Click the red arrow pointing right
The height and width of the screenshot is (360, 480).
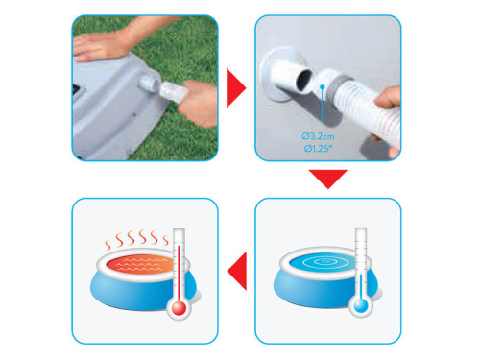(234, 88)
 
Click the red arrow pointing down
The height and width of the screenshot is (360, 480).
(328, 178)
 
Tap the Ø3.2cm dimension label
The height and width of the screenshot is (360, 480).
(318, 136)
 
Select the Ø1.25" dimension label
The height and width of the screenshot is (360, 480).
(318, 148)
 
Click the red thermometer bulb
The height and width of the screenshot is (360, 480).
(179, 308)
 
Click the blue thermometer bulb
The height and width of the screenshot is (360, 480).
(361, 305)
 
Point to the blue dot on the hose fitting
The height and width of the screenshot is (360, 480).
(323, 87)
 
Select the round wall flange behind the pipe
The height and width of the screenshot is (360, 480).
(280, 74)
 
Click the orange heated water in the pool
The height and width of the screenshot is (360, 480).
(141, 263)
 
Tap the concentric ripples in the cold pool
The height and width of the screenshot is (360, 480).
(324, 262)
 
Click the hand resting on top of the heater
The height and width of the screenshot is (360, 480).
(98, 46)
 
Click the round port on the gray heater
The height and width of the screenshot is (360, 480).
(150, 83)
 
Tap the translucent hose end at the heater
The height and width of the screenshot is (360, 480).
(174, 92)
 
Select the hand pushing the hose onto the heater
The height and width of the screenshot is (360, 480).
(198, 103)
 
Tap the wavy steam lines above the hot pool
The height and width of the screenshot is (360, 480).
(137, 239)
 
